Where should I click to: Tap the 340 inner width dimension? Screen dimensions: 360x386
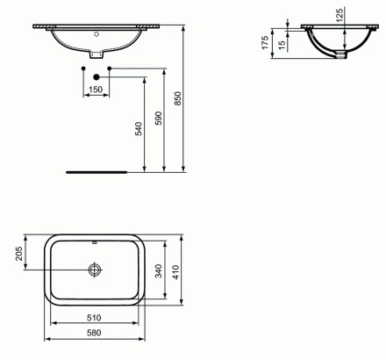pos(158,271)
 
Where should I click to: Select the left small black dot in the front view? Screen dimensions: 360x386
pos(84,67)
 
